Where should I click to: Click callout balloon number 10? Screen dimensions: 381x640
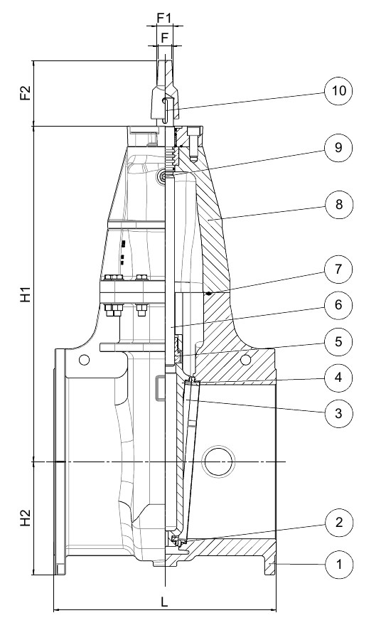point(338,90)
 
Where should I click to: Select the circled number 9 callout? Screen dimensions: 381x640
point(338,147)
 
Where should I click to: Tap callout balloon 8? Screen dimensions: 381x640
point(338,204)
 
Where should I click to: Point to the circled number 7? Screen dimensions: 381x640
point(338,270)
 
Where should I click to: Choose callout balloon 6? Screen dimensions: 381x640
point(338,305)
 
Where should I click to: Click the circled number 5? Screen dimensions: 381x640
point(338,341)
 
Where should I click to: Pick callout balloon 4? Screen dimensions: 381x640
point(338,378)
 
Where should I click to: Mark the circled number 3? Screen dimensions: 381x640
point(338,413)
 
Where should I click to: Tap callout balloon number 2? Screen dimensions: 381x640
point(338,523)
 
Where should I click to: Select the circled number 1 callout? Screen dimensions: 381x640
point(338,565)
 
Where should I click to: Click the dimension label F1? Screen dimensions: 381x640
point(164,18)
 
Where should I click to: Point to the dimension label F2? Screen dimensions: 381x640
point(26,92)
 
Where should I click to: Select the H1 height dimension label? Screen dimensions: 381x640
point(26,294)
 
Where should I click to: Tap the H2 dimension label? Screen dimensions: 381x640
point(26,518)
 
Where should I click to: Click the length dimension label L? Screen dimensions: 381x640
point(164,602)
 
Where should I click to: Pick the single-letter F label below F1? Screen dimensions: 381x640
point(164,38)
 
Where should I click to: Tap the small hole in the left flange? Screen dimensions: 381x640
point(84,360)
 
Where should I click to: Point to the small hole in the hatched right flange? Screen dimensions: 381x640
point(245,360)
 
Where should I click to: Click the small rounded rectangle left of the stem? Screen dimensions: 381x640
point(160,387)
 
